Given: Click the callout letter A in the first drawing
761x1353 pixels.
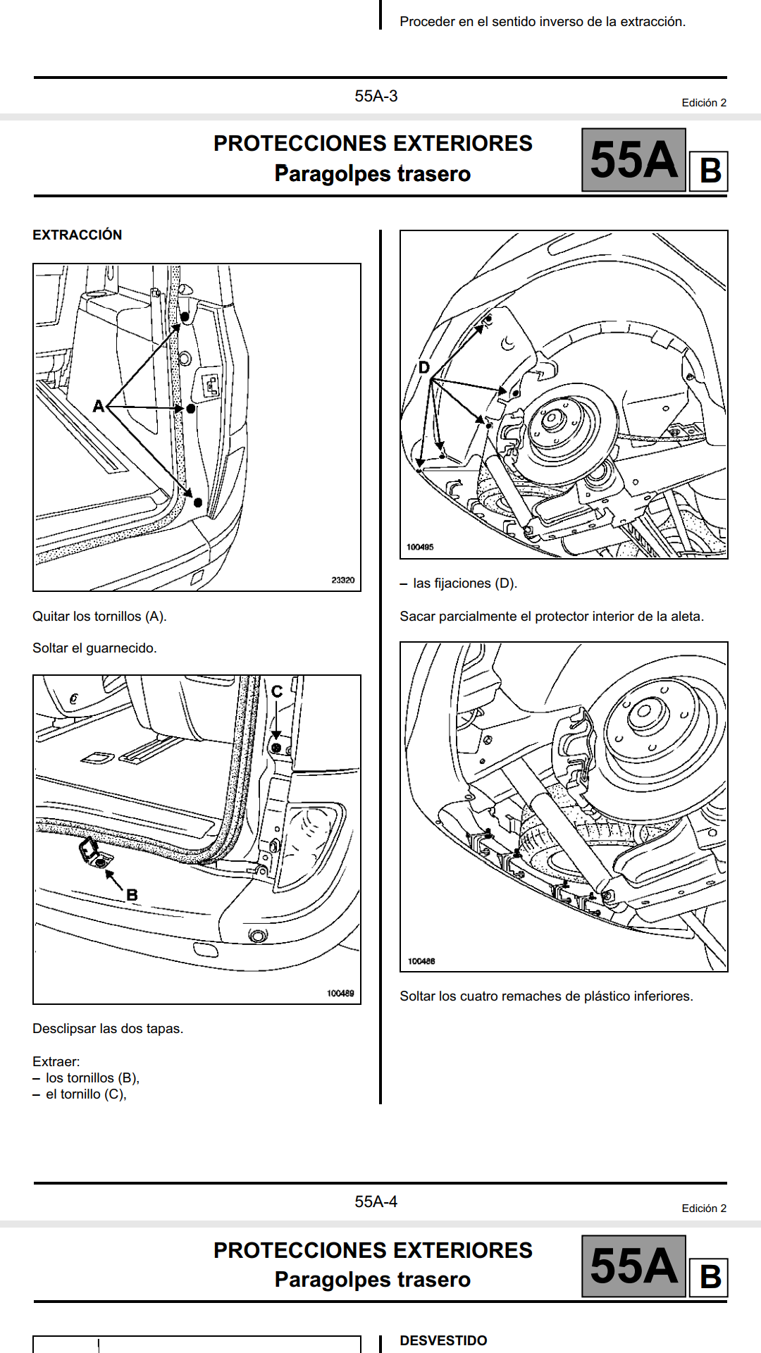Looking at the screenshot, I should (x=99, y=406).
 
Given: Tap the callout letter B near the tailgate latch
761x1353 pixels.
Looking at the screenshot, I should (x=132, y=895).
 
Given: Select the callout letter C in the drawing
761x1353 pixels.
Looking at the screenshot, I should (x=277, y=692).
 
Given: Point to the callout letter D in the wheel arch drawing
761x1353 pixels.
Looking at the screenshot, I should (x=423, y=367).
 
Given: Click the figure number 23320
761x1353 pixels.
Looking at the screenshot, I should (x=343, y=580).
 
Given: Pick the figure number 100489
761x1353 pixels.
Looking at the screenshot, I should (x=340, y=993).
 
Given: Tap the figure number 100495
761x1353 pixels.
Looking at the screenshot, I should (x=420, y=547).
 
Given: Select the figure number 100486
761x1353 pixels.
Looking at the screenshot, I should (x=421, y=961).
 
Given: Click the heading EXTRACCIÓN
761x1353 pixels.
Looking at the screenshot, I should (x=77, y=235).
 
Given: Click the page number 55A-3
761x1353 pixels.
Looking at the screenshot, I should (x=376, y=96).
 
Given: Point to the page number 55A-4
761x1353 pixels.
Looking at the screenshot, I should (x=376, y=1201).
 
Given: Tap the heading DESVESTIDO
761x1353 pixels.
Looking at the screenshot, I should (x=443, y=1340).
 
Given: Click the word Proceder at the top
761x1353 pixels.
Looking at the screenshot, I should (x=427, y=22).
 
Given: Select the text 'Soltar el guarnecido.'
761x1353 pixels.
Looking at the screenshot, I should (x=94, y=648).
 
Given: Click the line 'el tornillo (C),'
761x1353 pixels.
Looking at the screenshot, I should (x=86, y=1094).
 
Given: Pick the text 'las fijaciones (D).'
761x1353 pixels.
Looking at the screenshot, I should (x=465, y=583).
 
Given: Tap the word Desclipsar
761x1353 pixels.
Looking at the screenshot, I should (x=64, y=1028).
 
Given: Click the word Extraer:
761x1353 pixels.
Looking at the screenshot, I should (x=56, y=1061).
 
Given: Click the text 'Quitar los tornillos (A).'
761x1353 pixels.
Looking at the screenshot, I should (x=99, y=616).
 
